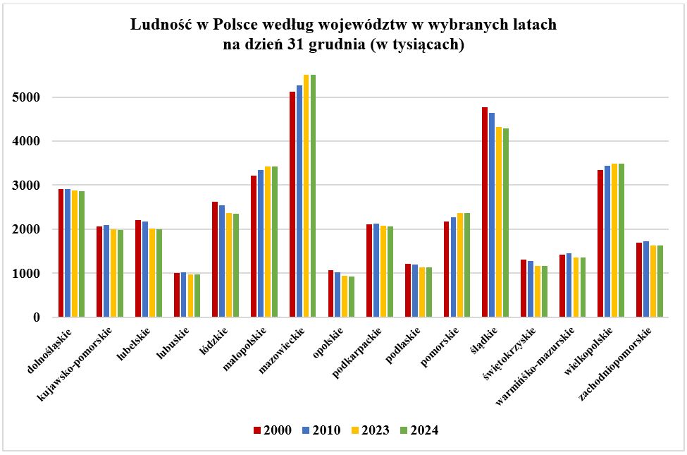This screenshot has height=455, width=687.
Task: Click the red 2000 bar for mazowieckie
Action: click(x=292, y=205)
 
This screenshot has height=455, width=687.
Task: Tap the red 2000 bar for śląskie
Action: click(x=485, y=212)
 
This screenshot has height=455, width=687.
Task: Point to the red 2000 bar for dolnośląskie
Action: click(x=61, y=253)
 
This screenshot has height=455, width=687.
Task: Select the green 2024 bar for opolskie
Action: click(x=352, y=296)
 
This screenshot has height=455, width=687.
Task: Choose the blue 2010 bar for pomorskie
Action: click(x=454, y=267)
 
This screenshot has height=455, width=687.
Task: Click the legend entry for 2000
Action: click(x=273, y=430)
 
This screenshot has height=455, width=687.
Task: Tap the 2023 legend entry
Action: click(x=369, y=430)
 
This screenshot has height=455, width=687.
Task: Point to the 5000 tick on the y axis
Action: click(x=25, y=97)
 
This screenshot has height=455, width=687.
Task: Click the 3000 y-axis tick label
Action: click(x=25, y=186)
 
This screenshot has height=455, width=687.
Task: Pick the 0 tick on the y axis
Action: click(x=35, y=317)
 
